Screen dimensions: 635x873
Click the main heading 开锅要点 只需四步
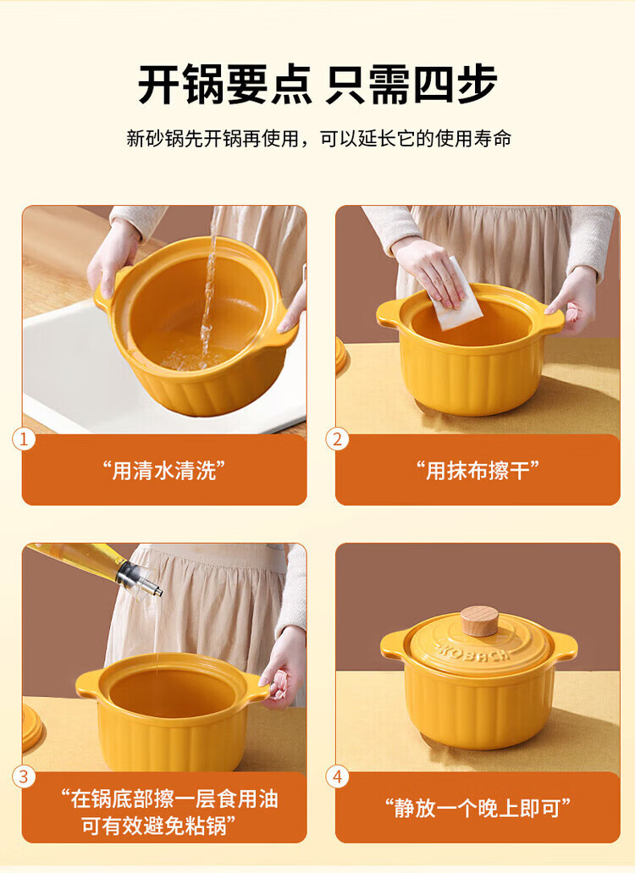click(317, 84)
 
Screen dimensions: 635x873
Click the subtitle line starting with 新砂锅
click(318, 139)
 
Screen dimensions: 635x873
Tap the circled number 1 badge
click(24, 439)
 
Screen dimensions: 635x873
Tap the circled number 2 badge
click(337, 439)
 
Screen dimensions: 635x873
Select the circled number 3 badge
click(24, 776)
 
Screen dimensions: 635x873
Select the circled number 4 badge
click(337, 776)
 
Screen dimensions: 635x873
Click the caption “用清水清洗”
click(163, 471)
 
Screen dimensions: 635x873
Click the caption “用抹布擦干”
click(478, 471)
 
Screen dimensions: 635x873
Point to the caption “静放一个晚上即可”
click(478, 807)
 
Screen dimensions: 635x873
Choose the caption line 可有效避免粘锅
click(158, 825)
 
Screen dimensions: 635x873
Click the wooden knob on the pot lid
click(479, 621)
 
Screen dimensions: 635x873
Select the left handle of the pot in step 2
click(390, 313)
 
